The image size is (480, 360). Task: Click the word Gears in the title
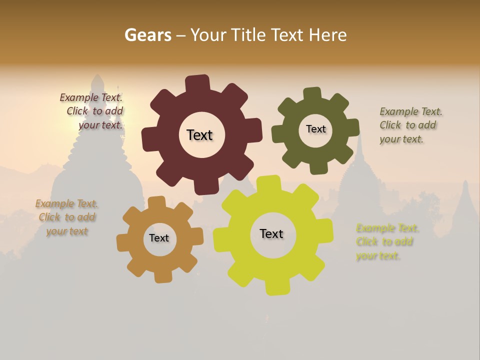click(147, 35)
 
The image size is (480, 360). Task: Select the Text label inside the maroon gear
click(199, 135)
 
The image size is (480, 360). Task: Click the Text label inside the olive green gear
click(315, 129)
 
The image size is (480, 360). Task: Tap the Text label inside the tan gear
click(159, 238)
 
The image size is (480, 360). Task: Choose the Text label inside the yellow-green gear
click(271, 233)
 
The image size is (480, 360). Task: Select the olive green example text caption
click(410, 125)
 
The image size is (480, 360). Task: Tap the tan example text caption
click(67, 217)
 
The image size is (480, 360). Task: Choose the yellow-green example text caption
click(387, 242)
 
